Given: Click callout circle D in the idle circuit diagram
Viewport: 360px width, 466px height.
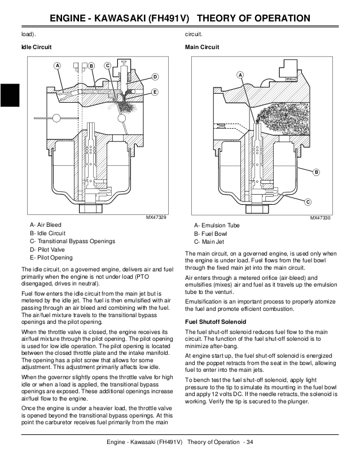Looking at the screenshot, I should [155, 76].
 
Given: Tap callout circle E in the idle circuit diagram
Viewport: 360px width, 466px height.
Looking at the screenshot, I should [155, 91].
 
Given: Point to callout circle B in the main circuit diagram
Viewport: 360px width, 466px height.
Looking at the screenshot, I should [316, 172].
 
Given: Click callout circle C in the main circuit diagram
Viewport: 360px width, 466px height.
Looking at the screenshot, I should [308, 202].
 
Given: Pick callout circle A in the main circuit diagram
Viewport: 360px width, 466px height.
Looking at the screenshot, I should [240, 75].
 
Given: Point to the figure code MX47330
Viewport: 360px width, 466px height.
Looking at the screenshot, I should [321, 218].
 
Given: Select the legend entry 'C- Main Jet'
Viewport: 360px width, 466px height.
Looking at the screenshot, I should [209, 241].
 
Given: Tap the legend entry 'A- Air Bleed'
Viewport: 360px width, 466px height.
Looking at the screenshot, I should [46, 225].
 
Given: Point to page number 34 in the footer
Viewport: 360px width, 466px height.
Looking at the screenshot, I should [249, 442].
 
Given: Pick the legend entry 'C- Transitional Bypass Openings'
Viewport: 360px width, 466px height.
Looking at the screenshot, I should [75, 241].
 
